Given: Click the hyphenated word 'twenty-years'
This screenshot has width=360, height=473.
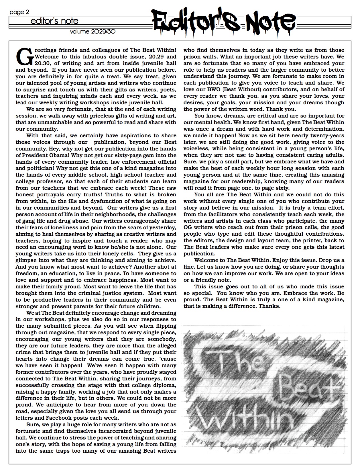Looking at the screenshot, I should coord(326,135).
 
